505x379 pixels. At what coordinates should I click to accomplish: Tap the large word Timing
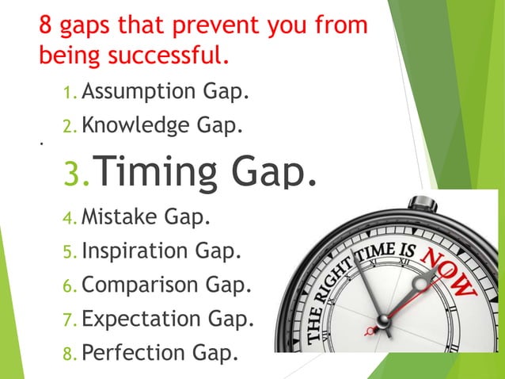(x=166, y=171)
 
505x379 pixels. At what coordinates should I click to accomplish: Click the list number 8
(x=69, y=351)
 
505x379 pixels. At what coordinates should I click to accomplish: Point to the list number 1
(x=69, y=94)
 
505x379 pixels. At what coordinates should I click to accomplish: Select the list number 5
(x=69, y=251)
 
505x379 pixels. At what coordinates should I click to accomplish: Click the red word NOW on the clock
(x=448, y=273)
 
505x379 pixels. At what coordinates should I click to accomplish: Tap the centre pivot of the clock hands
(x=383, y=320)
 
